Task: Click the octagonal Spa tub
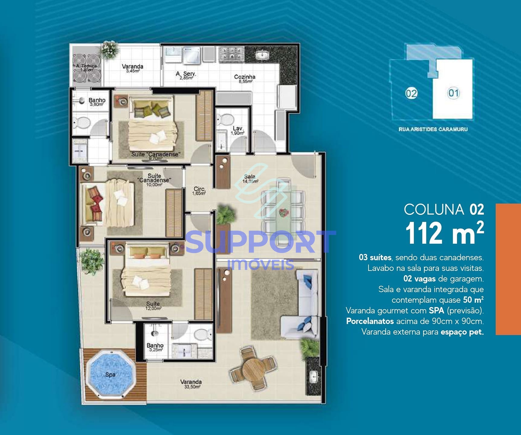click(110, 374)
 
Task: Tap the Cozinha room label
click(245, 79)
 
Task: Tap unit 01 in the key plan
click(453, 93)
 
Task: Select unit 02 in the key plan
click(411, 93)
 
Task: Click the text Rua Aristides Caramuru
click(433, 129)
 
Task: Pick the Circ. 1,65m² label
click(199, 191)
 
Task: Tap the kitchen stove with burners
click(232, 54)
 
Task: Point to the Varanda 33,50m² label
click(191, 384)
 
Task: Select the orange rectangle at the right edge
click(508, 269)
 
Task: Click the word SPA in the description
click(436, 311)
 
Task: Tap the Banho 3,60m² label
click(97, 102)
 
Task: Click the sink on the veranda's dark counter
click(313, 376)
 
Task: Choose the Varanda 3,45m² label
click(133, 68)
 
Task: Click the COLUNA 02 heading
click(444, 209)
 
